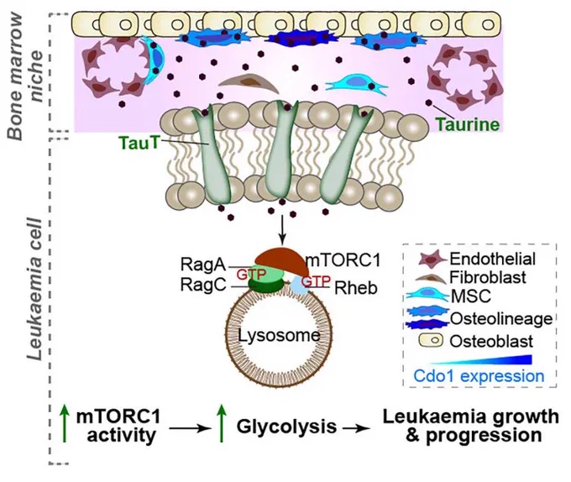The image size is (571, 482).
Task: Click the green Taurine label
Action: point(468,124)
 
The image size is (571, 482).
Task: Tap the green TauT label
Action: point(139,143)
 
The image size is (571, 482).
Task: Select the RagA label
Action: point(203,265)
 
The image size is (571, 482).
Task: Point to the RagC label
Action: point(203,285)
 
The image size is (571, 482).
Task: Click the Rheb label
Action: point(356,288)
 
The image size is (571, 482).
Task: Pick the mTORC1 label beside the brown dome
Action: point(343,260)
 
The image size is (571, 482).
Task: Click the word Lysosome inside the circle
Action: point(279,335)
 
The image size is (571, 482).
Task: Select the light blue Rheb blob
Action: point(298,286)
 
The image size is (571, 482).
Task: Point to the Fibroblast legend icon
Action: point(431,279)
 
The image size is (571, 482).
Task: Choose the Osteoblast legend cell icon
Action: point(431,341)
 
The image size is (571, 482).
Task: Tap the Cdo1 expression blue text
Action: point(479,375)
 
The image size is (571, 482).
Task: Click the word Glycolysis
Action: point(286,427)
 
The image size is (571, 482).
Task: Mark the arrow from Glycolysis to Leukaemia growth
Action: point(356,428)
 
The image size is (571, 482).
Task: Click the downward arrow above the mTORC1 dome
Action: point(282,230)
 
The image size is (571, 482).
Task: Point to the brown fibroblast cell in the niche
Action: point(249,83)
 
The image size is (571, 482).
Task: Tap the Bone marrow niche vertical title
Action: point(26,76)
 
